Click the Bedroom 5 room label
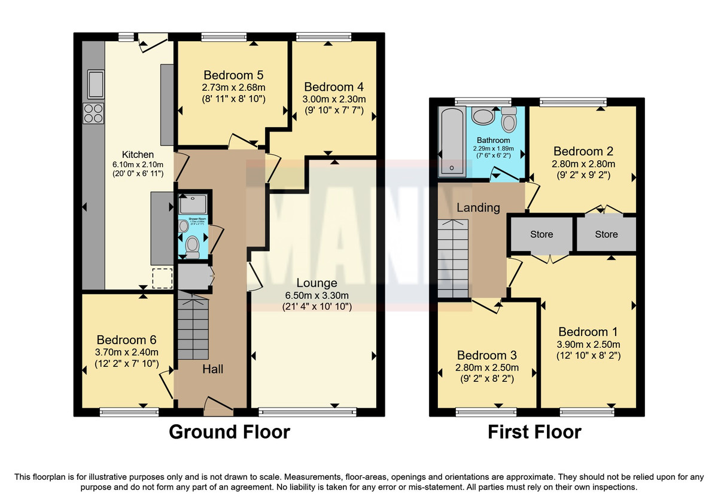coord(233,75)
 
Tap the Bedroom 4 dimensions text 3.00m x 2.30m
coord(334,99)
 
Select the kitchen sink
coord(95,84)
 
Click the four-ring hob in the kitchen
coord(95,113)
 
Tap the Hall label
coord(212,369)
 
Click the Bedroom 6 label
coord(126,339)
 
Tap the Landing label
coord(478,208)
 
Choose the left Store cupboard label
coord(541,234)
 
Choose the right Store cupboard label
coord(606,234)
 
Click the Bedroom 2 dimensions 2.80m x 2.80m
coord(583,164)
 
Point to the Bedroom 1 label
coord(588,332)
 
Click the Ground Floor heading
coord(229,431)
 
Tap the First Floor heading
coord(534,431)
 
